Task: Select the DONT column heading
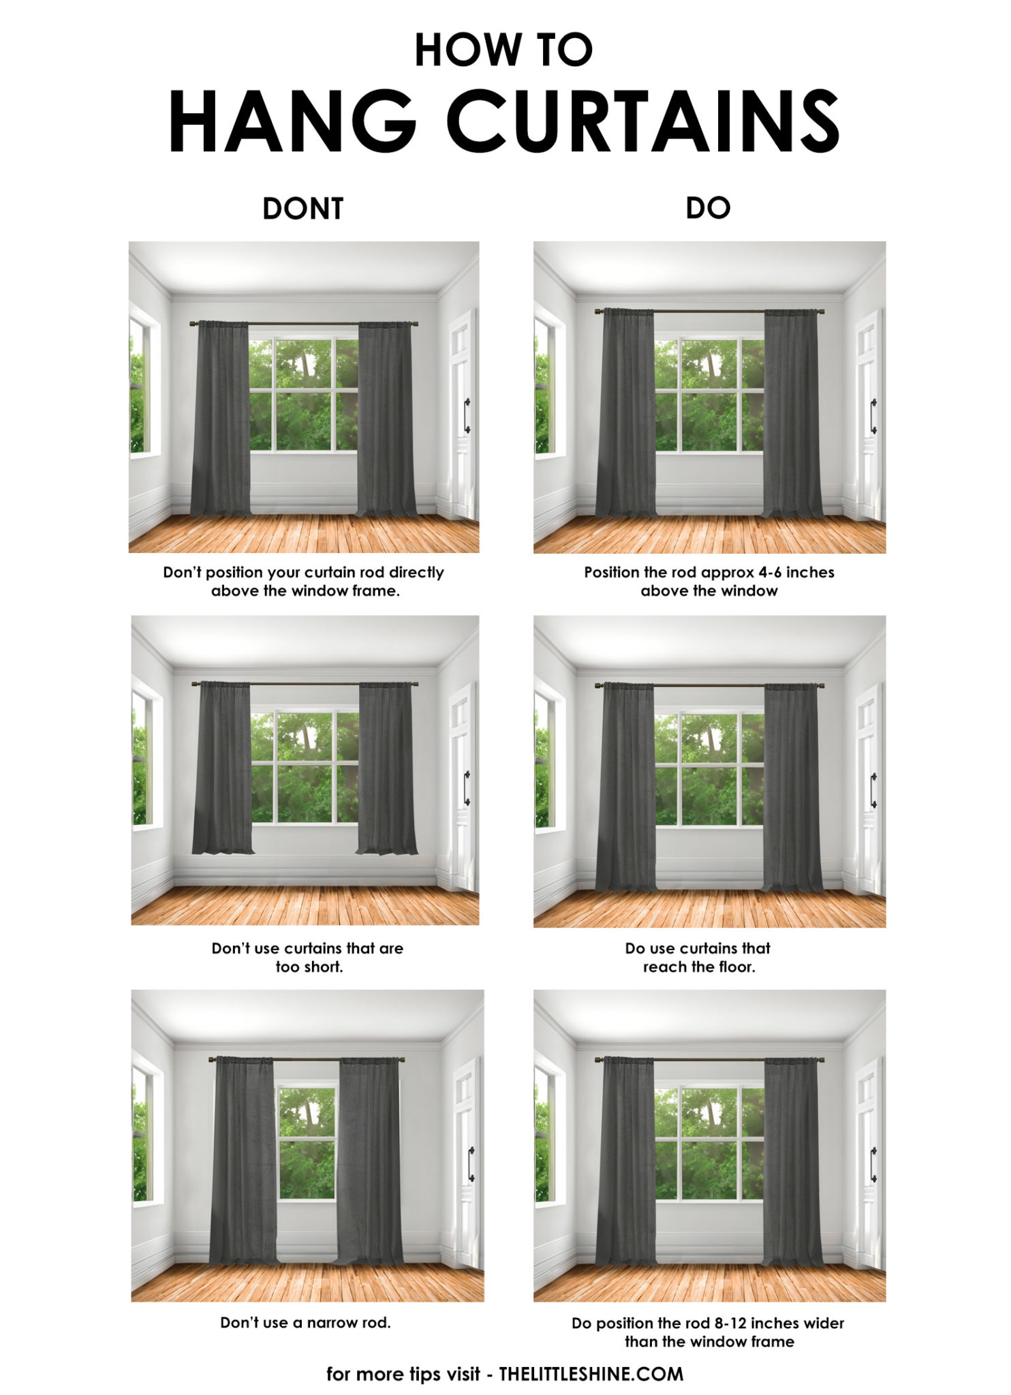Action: point(302,208)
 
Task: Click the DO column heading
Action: point(708,208)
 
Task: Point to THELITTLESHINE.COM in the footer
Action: point(591,1374)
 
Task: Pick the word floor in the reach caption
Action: point(736,967)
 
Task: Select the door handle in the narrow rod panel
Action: point(470,1164)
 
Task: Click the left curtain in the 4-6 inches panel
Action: point(626,412)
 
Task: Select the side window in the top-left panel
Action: point(138,385)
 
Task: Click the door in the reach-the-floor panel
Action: point(867,790)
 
